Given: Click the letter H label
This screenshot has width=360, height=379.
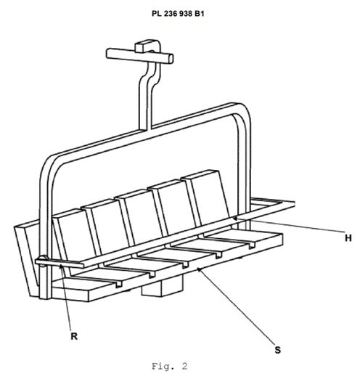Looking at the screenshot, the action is tap(348, 238).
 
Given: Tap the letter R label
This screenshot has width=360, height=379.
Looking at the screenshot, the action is tap(74, 336).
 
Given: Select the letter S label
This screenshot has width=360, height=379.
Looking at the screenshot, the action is tap(277, 350).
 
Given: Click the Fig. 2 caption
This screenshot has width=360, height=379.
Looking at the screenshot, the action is tap(170, 366).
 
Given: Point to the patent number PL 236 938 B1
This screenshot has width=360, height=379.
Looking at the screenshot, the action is tap(178, 14).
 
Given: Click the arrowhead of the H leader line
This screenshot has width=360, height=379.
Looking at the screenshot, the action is tap(234, 219).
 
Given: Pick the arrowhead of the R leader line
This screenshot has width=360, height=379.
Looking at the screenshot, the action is tap(62, 266).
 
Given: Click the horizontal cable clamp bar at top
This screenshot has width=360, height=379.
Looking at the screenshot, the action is tap(139, 56).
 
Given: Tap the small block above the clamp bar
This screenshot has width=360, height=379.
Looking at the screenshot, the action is tap(147, 46).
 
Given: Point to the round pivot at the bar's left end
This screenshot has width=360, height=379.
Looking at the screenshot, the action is tap(43, 261).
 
